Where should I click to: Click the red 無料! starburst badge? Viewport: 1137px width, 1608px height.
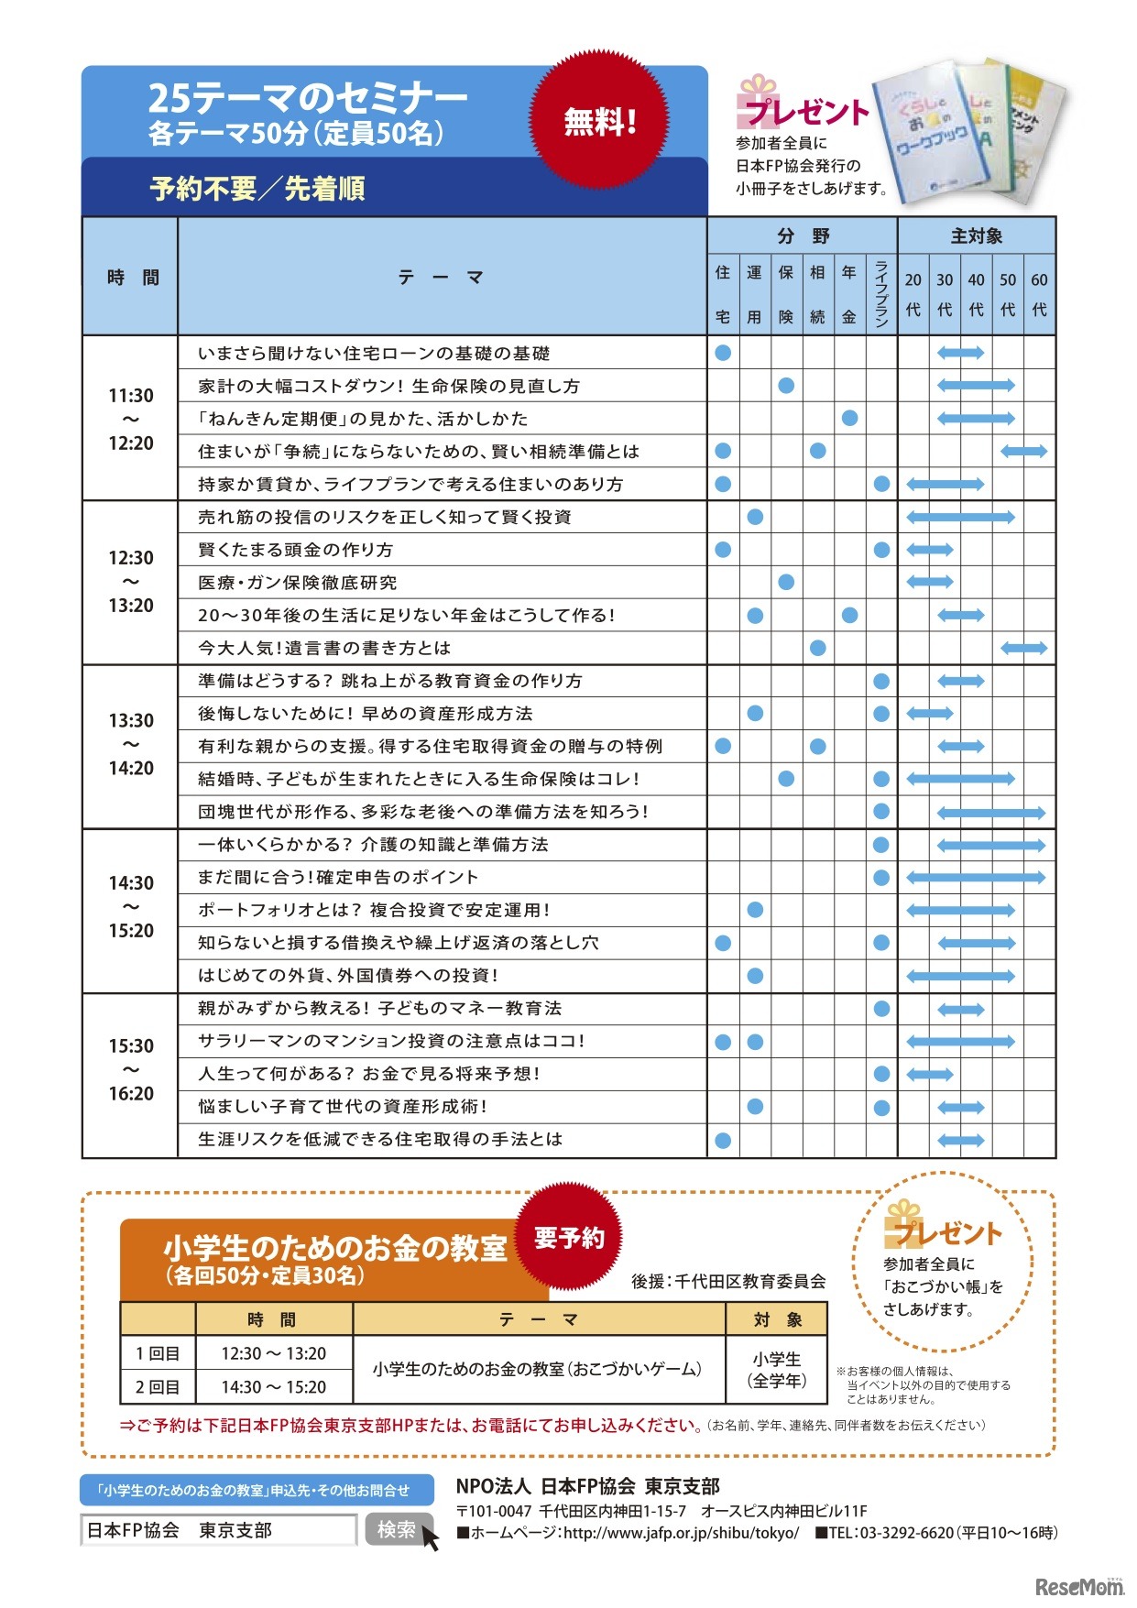(600, 120)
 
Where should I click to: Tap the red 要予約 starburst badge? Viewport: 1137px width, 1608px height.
(569, 1239)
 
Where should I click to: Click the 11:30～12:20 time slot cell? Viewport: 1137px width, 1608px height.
(130, 419)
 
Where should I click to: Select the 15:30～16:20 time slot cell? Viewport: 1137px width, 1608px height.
(130, 1069)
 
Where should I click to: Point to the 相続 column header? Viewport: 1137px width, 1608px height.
(818, 293)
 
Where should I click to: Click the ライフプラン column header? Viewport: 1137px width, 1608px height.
(881, 293)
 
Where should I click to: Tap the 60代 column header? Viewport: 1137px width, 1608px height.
(1039, 293)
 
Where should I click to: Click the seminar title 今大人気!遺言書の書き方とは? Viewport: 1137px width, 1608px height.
(324, 648)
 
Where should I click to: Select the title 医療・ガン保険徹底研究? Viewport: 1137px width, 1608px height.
(298, 583)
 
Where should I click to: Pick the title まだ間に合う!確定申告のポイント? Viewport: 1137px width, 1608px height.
(338, 877)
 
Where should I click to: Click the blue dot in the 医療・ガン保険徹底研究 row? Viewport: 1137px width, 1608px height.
(786, 583)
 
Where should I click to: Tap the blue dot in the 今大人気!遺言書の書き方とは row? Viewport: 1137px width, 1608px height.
(818, 648)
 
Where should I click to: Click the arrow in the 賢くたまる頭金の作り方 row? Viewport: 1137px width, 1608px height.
(930, 550)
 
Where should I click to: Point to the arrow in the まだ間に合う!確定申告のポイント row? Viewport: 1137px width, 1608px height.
(977, 878)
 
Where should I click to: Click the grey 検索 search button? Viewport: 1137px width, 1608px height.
(398, 1529)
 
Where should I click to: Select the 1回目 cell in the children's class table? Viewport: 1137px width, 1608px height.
(158, 1353)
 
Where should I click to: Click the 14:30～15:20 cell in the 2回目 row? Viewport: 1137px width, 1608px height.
(273, 1387)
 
